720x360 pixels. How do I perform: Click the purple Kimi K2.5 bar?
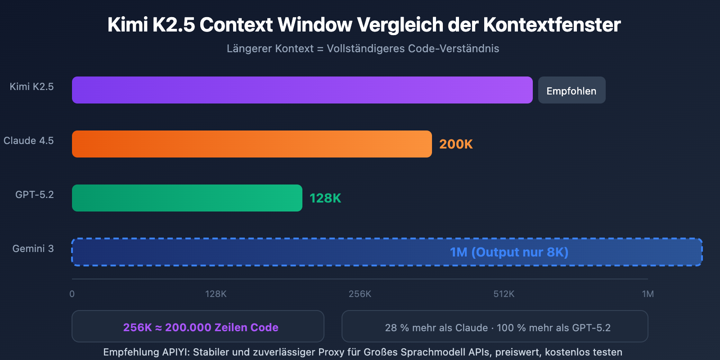[302, 90]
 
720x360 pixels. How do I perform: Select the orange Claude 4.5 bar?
[252, 144]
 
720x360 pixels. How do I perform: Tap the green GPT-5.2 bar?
[187, 198]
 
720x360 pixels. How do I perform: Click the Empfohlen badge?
[571, 90]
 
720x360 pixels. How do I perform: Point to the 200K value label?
[456, 144]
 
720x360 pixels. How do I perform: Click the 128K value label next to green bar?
[325, 198]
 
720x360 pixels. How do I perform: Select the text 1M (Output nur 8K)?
[509, 252]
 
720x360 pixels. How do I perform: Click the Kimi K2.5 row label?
[31, 86]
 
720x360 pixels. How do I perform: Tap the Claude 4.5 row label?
[29, 140]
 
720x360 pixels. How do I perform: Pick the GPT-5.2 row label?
[35, 194]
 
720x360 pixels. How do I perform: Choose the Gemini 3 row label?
[33, 248]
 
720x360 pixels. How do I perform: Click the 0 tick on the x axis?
[72, 294]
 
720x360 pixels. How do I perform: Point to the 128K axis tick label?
[216, 294]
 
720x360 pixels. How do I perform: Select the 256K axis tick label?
[360, 294]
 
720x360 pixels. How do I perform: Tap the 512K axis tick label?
[504, 294]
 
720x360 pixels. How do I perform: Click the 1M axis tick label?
[648, 294]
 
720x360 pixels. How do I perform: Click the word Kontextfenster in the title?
[552, 25]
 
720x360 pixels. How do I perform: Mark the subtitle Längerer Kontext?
[270, 49]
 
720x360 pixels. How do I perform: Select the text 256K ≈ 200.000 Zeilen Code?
[201, 327]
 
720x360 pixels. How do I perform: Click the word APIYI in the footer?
[176, 352]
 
